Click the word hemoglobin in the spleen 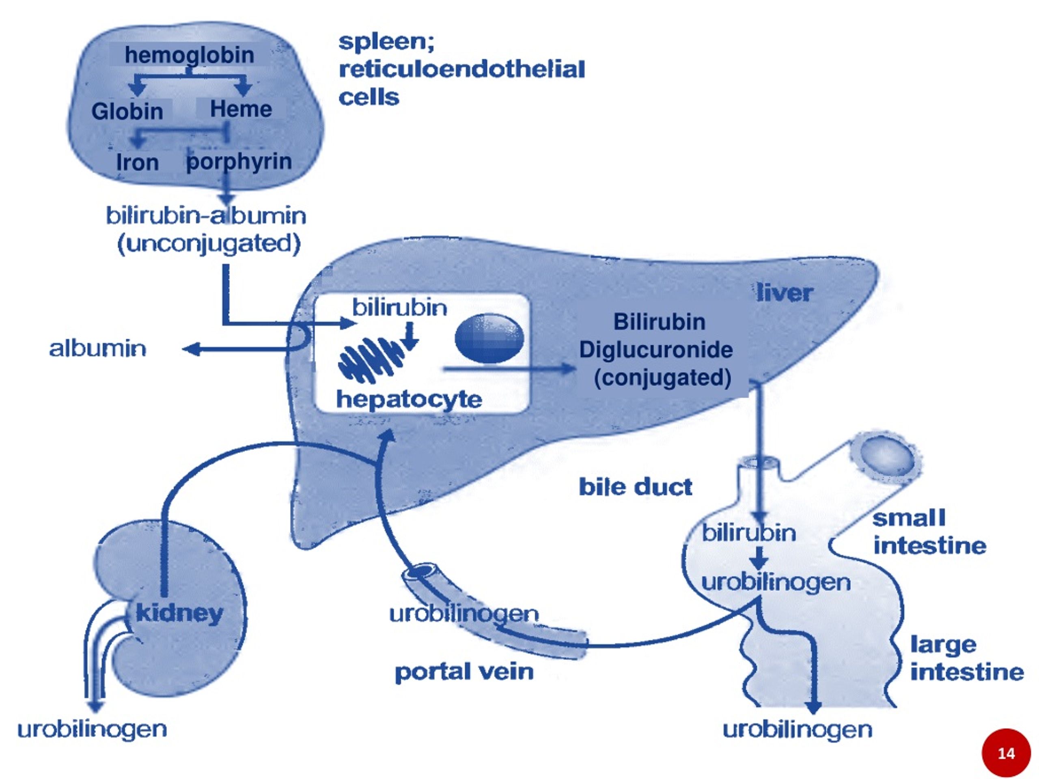point(189,56)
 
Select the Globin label point(127,112)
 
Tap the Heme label point(241,109)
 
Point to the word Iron point(137,162)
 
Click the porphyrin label point(239,161)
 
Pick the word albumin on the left point(98,349)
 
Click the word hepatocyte point(409,400)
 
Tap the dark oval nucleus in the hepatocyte point(489,338)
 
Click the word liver point(785,293)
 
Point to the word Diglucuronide point(656,350)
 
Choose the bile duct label point(635,487)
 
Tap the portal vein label point(464,672)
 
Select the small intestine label point(929,532)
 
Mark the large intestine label point(967,658)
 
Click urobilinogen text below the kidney point(92,730)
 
